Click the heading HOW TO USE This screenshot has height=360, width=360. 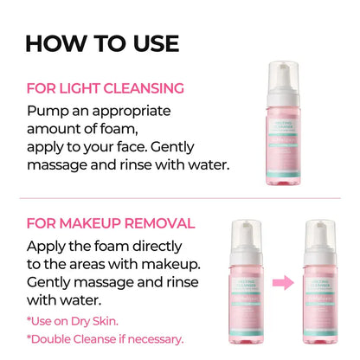click(101, 42)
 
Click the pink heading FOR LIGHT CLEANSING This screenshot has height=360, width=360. click(106, 87)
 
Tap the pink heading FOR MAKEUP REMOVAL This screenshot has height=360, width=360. click(110, 222)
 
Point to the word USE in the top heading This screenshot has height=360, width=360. click(149, 42)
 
